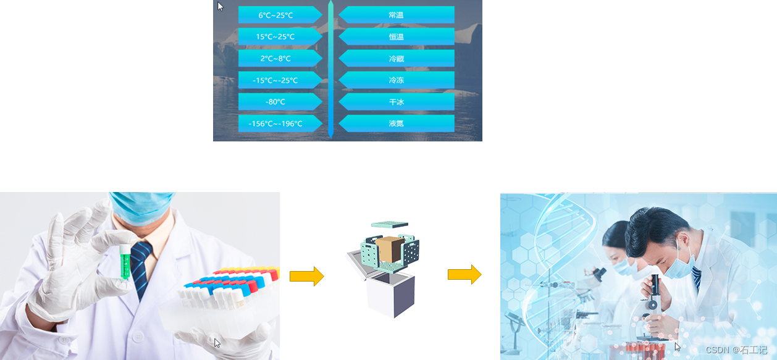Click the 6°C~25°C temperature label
click(x=275, y=15)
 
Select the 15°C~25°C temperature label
click(x=275, y=36)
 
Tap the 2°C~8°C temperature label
click(x=275, y=58)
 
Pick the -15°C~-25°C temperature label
click(x=275, y=80)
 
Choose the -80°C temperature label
click(x=275, y=102)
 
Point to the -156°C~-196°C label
click(x=275, y=123)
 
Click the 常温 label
click(x=397, y=15)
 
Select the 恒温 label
click(x=397, y=36)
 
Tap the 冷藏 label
click(x=397, y=58)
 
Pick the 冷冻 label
click(x=397, y=80)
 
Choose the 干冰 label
click(x=397, y=102)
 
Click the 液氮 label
click(x=397, y=123)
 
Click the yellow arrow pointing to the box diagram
click(x=306, y=276)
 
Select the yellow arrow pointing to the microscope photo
click(x=464, y=274)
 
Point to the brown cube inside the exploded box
click(x=389, y=249)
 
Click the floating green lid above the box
click(x=389, y=225)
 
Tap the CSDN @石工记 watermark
click(x=736, y=350)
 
